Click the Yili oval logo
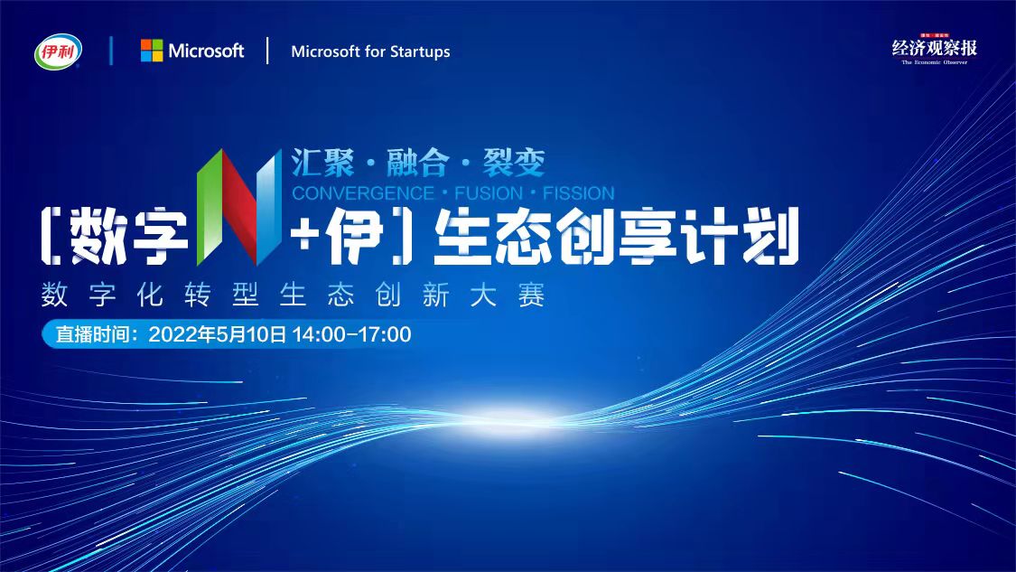[59, 52]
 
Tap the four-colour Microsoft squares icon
[152, 51]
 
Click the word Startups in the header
[420, 52]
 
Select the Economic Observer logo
[934, 50]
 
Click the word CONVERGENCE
[363, 193]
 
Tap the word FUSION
[489, 193]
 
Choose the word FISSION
[579, 193]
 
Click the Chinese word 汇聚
[322, 162]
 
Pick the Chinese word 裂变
[513, 162]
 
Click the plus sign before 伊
[303, 236]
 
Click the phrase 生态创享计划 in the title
[616, 237]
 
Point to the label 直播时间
[93, 334]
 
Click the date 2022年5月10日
[217, 334]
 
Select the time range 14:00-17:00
[351, 334]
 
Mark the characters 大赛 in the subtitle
[508, 295]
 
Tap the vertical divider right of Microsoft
[267, 51]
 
